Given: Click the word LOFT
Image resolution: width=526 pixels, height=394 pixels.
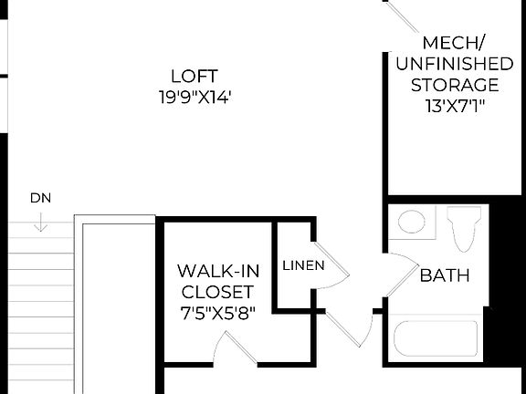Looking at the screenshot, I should pyautogui.click(x=195, y=76).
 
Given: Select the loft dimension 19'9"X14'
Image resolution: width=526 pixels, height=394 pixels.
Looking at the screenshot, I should pyautogui.click(x=195, y=96).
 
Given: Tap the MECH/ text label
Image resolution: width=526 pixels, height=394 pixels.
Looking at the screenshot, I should pyautogui.click(x=454, y=43).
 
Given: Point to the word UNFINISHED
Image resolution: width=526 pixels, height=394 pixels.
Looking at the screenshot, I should pyautogui.click(x=454, y=64).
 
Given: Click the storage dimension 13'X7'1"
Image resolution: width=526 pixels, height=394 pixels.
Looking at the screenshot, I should pyautogui.click(x=454, y=106).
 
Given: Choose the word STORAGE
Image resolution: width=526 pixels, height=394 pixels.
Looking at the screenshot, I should pyautogui.click(x=454, y=85).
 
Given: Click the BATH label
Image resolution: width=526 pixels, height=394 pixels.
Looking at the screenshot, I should pyautogui.click(x=445, y=275).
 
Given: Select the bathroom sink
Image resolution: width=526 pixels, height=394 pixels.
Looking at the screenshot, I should pyautogui.click(x=413, y=223).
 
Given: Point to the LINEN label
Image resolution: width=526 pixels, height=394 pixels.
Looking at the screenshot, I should pyautogui.click(x=302, y=266).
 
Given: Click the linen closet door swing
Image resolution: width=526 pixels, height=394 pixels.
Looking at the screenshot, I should pyautogui.click(x=331, y=264).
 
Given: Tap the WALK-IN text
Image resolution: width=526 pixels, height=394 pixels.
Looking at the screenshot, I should pyautogui.click(x=216, y=271).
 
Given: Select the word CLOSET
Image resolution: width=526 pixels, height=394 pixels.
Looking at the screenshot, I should pyautogui.click(x=216, y=292).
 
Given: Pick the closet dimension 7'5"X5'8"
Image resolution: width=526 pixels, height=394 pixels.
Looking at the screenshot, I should pyautogui.click(x=216, y=313).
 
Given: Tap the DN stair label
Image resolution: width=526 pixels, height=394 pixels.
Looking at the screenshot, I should pyautogui.click(x=40, y=197).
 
